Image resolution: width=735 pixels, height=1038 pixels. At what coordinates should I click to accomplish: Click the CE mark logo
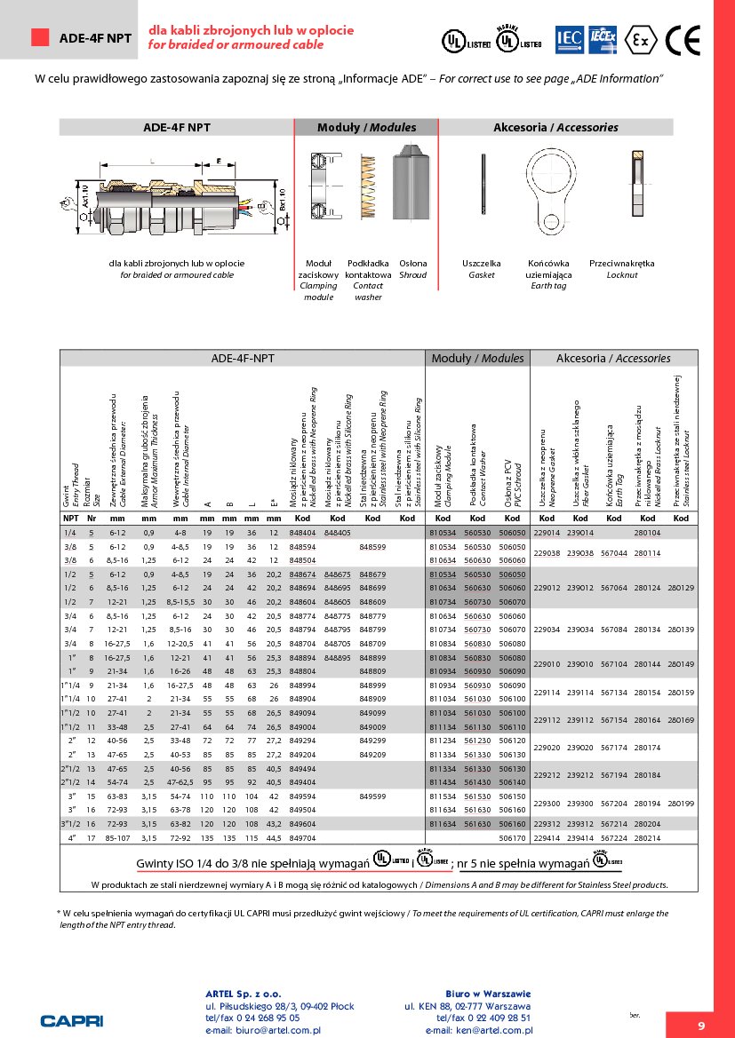[683, 39]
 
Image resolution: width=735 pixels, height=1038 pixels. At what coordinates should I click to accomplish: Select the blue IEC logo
[568, 38]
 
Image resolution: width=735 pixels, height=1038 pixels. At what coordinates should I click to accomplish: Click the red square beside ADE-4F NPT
[40, 37]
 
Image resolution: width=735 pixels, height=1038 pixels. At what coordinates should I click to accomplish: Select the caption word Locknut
[621, 275]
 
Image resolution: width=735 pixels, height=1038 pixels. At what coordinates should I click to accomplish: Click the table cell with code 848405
[338, 532]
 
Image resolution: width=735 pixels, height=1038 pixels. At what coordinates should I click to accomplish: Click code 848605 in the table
[338, 602]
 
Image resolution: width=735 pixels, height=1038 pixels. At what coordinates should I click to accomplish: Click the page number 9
[700, 1026]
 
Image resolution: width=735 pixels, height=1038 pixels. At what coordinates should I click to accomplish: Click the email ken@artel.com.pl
[478, 1031]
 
